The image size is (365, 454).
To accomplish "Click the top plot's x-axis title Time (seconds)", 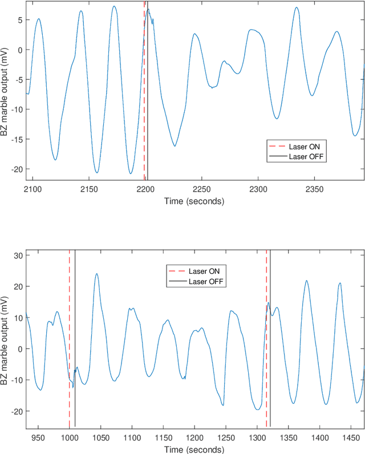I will pyautogui.click(x=194, y=200).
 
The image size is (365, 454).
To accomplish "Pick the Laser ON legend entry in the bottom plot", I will pyautogui.click(x=207, y=270).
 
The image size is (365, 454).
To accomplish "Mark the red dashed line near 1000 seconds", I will pyautogui.click(x=70, y=342).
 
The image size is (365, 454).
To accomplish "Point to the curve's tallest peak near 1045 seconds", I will pyautogui.click(x=97, y=274).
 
